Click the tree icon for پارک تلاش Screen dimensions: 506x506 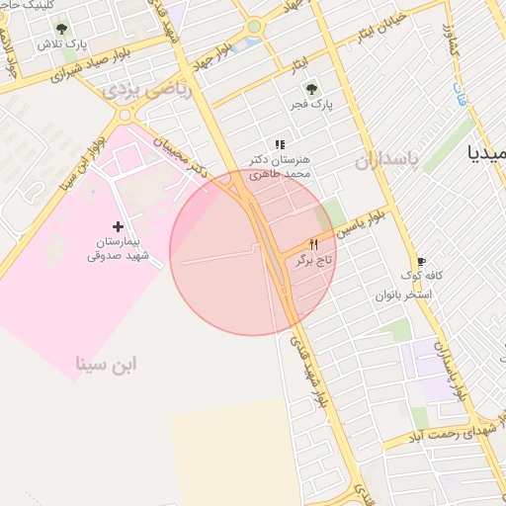click(x=62, y=30)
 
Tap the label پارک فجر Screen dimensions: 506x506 click(x=314, y=103)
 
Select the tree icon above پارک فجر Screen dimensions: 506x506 click(x=314, y=88)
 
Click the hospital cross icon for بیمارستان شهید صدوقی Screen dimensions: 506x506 click(x=119, y=227)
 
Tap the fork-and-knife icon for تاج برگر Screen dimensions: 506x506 click(x=314, y=243)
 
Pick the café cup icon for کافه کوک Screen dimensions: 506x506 click(x=422, y=261)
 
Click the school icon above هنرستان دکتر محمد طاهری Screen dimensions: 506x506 click(x=280, y=144)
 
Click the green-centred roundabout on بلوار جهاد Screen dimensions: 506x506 click(x=254, y=27)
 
